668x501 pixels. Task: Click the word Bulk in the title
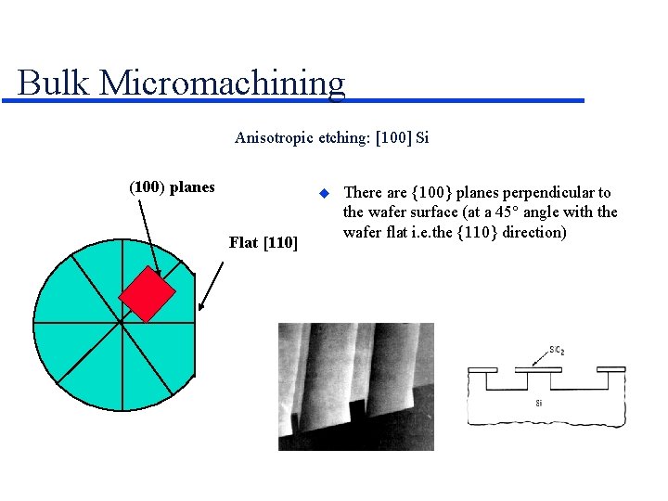click(x=54, y=83)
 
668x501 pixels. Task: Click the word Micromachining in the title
click(x=222, y=83)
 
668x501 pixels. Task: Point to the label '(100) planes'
click(x=172, y=186)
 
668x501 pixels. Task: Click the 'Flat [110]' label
click(x=263, y=243)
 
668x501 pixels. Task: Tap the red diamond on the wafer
click(x=147, y=292)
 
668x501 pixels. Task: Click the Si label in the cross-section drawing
click(x=539, y=403)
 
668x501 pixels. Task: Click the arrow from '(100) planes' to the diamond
click(x=149, y=237)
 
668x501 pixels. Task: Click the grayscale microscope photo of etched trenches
click(x=342, y=386)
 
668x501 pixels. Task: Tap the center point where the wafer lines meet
click(x=119, y=324)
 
